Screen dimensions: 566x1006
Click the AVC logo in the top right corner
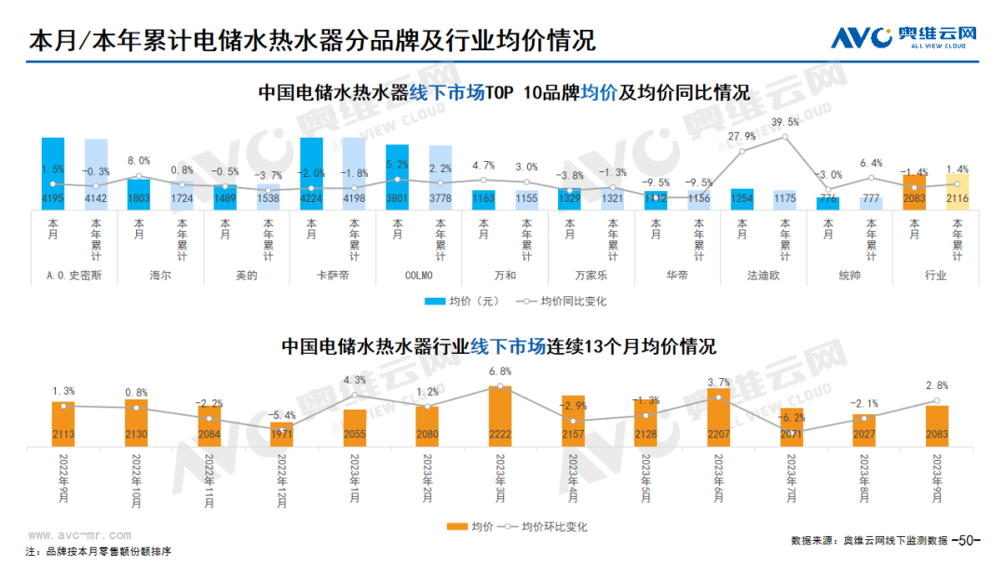[x=904, y=37]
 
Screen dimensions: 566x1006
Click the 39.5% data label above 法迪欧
[x=785, y=122]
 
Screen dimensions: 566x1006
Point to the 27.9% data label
[x=742, y=136]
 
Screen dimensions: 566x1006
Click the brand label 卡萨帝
[x=333, y=276]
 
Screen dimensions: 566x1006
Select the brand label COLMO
[x=418, y=276]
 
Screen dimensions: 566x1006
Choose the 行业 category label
[x=935, y=276]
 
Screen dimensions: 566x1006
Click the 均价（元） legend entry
[x=474, y=302]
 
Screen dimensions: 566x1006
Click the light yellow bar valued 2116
[x=958, y=191]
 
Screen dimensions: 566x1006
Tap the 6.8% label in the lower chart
[x=500, y=371]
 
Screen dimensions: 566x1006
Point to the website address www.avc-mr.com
[x=78, y=536]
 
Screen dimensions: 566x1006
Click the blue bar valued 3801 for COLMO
[x=397, y=177]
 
